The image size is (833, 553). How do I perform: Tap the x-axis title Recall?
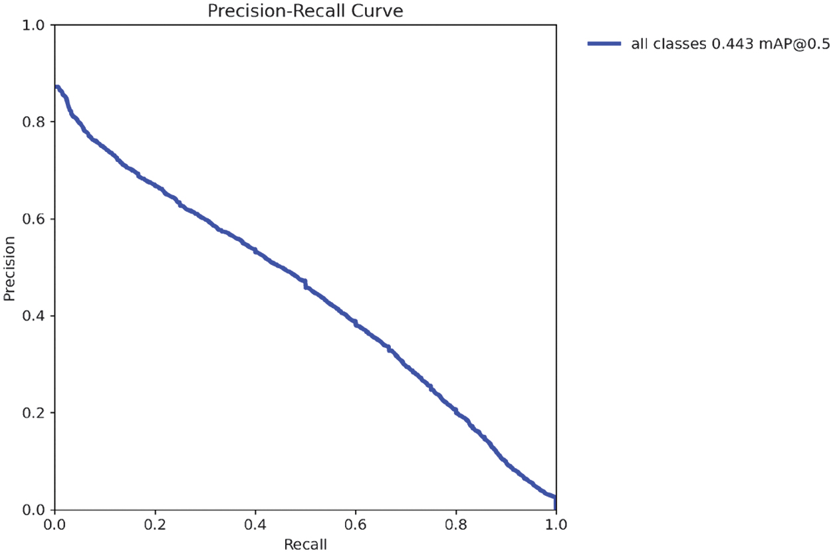pyautogui.click(x=305, y=544)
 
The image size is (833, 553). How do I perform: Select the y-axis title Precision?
pyautogui.click(x=9, y=268)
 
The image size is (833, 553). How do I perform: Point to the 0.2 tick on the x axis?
pyautogui.click(x=155, y=524)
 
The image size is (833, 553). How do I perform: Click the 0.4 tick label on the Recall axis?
pyautogui.click(x=255, y=524)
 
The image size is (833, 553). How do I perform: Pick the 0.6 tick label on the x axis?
pyautogui.click(x=355, y=524)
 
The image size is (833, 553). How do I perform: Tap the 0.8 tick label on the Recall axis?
pyautogui.click(x=455, y=524)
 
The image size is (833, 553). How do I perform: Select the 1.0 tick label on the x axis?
pyautogui.click(x=555, y=524)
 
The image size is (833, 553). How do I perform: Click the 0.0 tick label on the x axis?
pyautogui.click(x=55, y=524)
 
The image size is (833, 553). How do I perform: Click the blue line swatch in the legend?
pyautogui.click(x=604, y=44)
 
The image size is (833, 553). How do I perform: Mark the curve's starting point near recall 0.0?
pyautogui.click(x=57, y=87)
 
